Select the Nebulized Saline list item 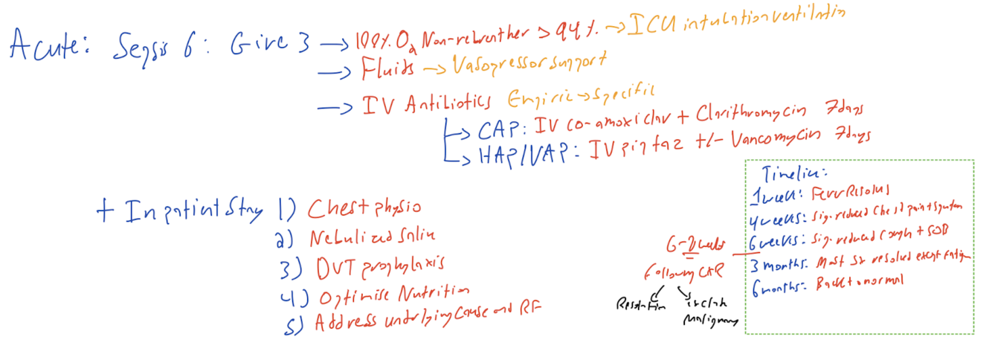point(372,238)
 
